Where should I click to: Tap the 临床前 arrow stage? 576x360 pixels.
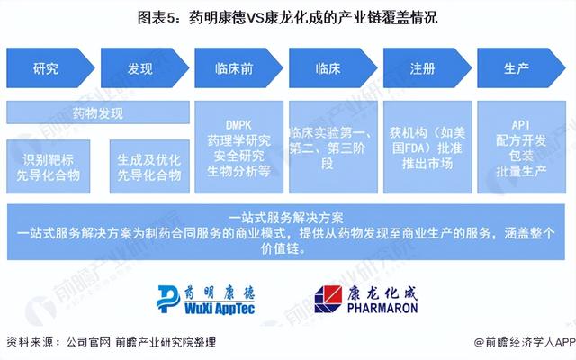tap(238, 68)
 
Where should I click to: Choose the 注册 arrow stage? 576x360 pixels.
tap(427, 68)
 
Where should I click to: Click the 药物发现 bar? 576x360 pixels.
tap(98, 112)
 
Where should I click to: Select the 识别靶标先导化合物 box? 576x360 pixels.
tap(48, 166)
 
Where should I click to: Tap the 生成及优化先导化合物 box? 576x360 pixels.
tap(149, 166)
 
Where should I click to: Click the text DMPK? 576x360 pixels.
tap(238, 125)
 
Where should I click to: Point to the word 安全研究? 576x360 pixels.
tap(238, 156)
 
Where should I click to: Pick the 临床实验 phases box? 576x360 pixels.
tap(333, 148)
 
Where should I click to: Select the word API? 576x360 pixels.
tap(521, 125)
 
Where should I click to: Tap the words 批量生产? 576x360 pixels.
tap(521, 171)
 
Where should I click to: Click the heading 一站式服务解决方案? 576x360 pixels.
tap(286, 218)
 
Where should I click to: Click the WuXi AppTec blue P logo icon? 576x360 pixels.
tap(168, 299)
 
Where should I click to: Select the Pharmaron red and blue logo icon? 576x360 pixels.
tap(328, 299)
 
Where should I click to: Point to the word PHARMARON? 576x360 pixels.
tap(382, 308)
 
